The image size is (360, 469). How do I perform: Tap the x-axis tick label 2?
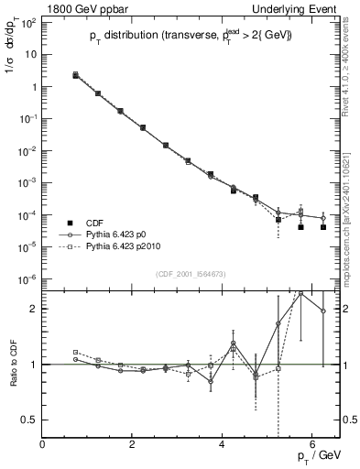tap(133, 446)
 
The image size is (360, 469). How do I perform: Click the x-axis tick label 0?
tap(43, 446)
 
